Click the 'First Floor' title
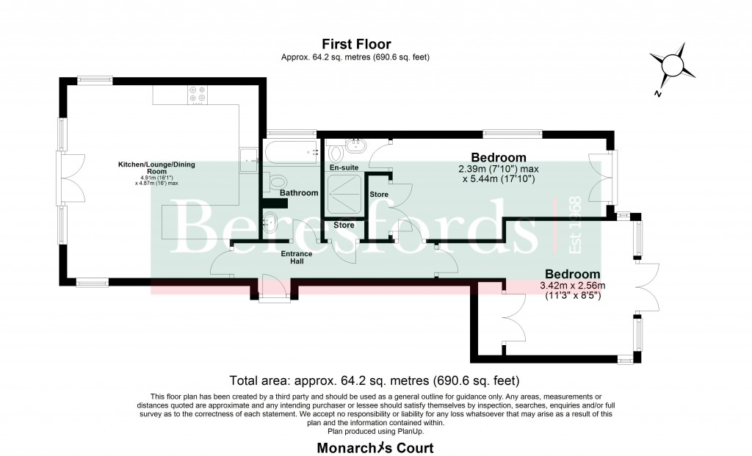(x=356, y=44)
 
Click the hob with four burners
(x=197, y=95)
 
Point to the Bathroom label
(x=299, y=193)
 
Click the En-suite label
(x=344, y=167)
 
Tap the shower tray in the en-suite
(x=344, y=194)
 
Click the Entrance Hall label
(x=297, y=258)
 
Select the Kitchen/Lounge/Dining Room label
(x=157, y=168)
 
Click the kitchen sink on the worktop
(x=249, y=158)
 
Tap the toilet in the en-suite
(x=335, y=153)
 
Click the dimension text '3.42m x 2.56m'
(x=573, y=286)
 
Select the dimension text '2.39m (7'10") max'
(x=499, y=169)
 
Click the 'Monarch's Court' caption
(x=375, y=448)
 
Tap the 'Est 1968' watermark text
(x=574, y=225)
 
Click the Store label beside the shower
(x=379, y=194)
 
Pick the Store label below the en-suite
(x=344, y=225)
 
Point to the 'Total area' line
(x=375, y=380)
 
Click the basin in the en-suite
(x=356, y=145)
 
